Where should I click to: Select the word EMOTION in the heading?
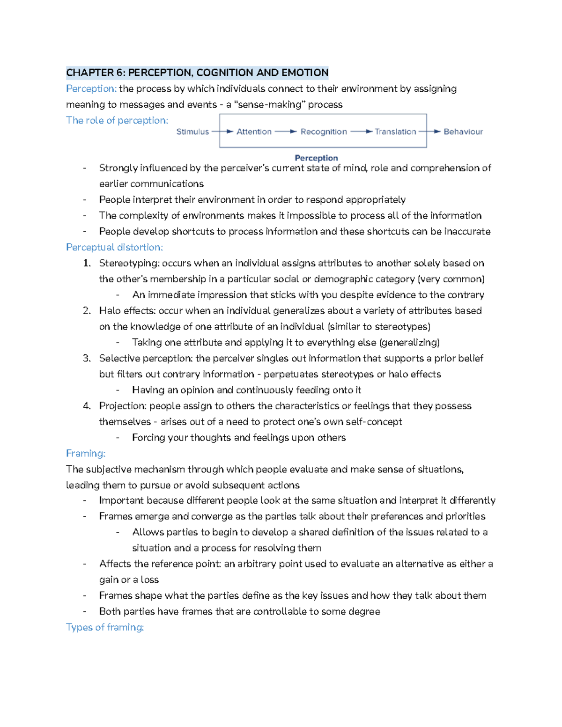coord(305,73)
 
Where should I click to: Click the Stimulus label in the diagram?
coord(192,132)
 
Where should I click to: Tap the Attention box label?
coord(254,132)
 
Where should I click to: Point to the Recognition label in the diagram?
coord(324,132)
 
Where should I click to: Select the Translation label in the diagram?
coord(395,132)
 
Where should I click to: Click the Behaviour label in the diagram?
coord(463,132)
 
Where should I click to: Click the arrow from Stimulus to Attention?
coord(222,132)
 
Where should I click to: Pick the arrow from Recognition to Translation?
coord(361,132)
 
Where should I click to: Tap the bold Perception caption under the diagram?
coord(316,158)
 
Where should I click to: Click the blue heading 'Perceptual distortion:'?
coord(114,247)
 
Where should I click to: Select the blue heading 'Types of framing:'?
coord(105,627)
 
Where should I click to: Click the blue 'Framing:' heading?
coord(86,454)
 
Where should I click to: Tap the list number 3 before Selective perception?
coord(86,359)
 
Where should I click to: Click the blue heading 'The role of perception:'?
coord(117,120)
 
